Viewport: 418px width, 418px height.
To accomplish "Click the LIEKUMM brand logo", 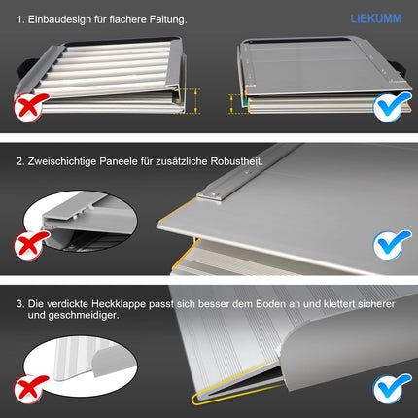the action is [x=376, y=18].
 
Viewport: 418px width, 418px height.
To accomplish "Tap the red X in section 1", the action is [x=29, y=107].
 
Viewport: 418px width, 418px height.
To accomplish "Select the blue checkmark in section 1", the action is [x=392, y=107].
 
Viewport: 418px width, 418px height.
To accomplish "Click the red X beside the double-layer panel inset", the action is [x=29, y=245].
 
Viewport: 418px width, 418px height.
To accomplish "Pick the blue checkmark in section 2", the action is [x=392, y=245].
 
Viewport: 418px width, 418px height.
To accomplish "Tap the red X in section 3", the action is [x=29, y=389].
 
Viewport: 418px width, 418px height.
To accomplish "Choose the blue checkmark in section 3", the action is [x=392, y=388].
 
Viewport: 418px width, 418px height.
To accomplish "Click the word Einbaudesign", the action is [x=59, y=19].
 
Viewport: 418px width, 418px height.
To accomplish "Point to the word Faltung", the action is [x=168, y=19].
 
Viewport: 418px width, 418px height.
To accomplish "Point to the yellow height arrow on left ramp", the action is [x=196, y=101].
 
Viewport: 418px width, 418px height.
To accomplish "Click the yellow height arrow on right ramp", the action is [x=231, y=104].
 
